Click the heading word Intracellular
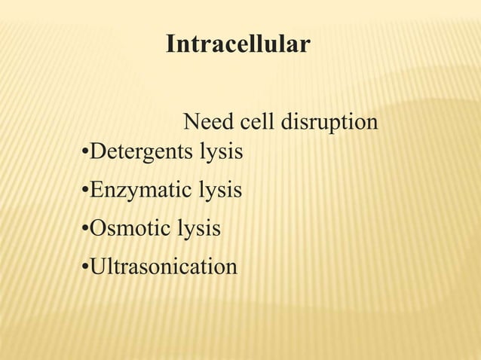point(237,44)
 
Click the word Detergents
point(140,153)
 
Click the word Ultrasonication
point(163,267)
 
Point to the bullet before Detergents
point(84,154)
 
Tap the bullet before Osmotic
point(84,228)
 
